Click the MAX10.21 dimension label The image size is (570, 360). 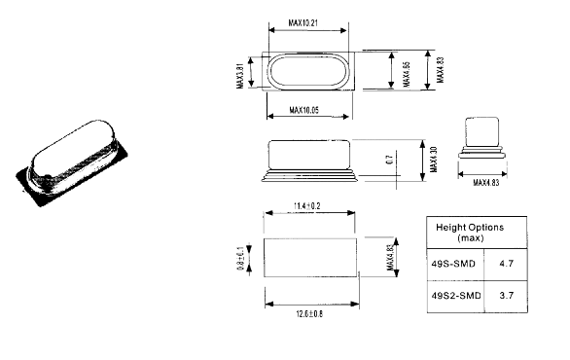[303, 23]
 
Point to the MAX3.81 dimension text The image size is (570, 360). [240, 76]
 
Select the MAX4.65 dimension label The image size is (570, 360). [407, 74]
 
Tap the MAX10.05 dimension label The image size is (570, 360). [303, 110]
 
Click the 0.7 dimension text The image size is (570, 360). [389, 160]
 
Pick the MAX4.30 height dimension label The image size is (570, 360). [433, 160]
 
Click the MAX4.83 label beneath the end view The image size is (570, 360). [486, 183]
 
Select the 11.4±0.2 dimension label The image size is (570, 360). [307, 206]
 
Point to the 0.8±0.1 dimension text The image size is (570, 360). [240, 259]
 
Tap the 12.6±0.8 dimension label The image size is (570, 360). [309, 314]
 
